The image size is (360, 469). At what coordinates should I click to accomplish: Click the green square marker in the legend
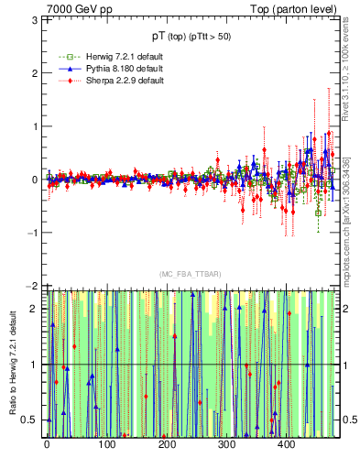pos(61,56)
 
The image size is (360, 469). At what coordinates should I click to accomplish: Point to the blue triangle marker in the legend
pos(61,68)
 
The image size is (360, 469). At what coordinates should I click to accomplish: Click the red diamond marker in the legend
pos(61,81)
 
